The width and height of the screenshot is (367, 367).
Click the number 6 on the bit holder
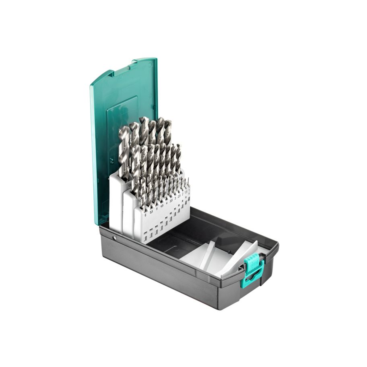coord(145,215)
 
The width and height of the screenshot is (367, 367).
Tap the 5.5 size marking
coord(151,212)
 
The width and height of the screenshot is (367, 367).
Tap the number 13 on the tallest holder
coord(129,186)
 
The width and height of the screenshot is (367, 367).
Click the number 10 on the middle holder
coord(140,200)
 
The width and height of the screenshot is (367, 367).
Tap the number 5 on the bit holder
coord(157,208)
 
